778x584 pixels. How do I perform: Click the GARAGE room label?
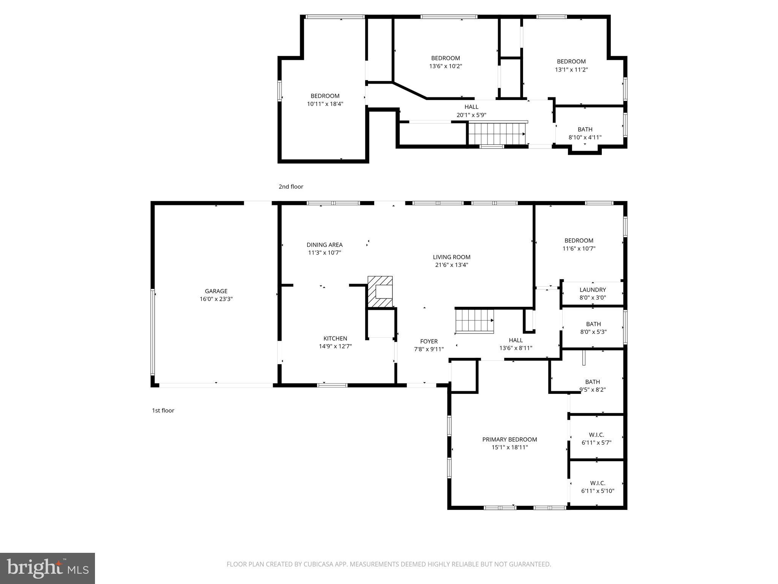tap(216, 291)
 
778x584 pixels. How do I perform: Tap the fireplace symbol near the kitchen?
tap(380, 292)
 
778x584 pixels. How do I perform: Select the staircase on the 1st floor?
tap(474, 321)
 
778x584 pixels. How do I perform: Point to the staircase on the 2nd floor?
tap(497, 134)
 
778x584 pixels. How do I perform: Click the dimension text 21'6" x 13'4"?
tap(452, 265)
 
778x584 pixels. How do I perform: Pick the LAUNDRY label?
tap(593, 290)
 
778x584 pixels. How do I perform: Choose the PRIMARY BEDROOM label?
tap(509, 440)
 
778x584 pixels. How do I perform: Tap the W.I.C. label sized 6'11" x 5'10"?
tap(598, 483)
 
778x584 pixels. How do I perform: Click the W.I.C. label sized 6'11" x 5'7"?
tap(596, 435)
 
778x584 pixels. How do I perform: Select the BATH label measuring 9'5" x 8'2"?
tap(592, 382)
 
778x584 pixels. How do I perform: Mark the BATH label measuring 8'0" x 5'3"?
tap(593, 324)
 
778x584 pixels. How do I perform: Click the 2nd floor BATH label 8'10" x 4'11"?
tap(585, 129)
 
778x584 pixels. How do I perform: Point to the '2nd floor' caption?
tap(291, 187)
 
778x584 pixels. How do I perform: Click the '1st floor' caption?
tap(163, 411)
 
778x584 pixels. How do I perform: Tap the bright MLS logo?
tap(47, 568)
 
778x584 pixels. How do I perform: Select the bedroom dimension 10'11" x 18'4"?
tap(325, 104)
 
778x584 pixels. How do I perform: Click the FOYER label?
tap(429, 341)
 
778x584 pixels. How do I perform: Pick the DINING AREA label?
tap(324, 245)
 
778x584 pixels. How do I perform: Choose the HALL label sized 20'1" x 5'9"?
tap(471, 107)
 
